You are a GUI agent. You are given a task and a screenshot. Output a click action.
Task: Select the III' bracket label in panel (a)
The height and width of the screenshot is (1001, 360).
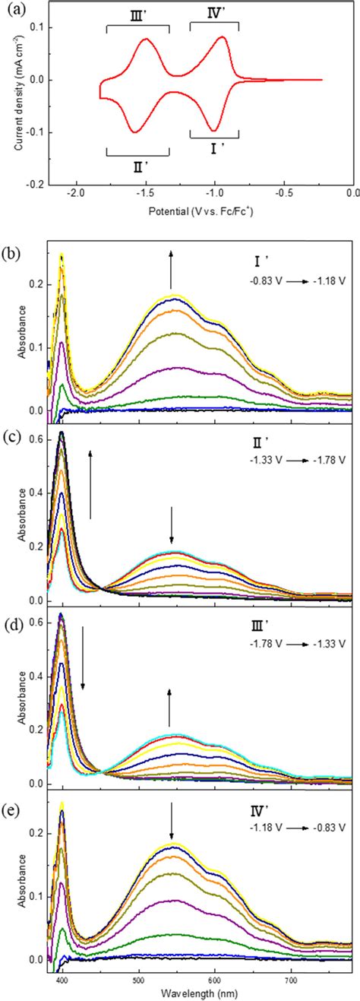pos(138,17)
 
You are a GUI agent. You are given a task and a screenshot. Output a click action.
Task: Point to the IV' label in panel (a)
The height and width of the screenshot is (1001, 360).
pos(213,13)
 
